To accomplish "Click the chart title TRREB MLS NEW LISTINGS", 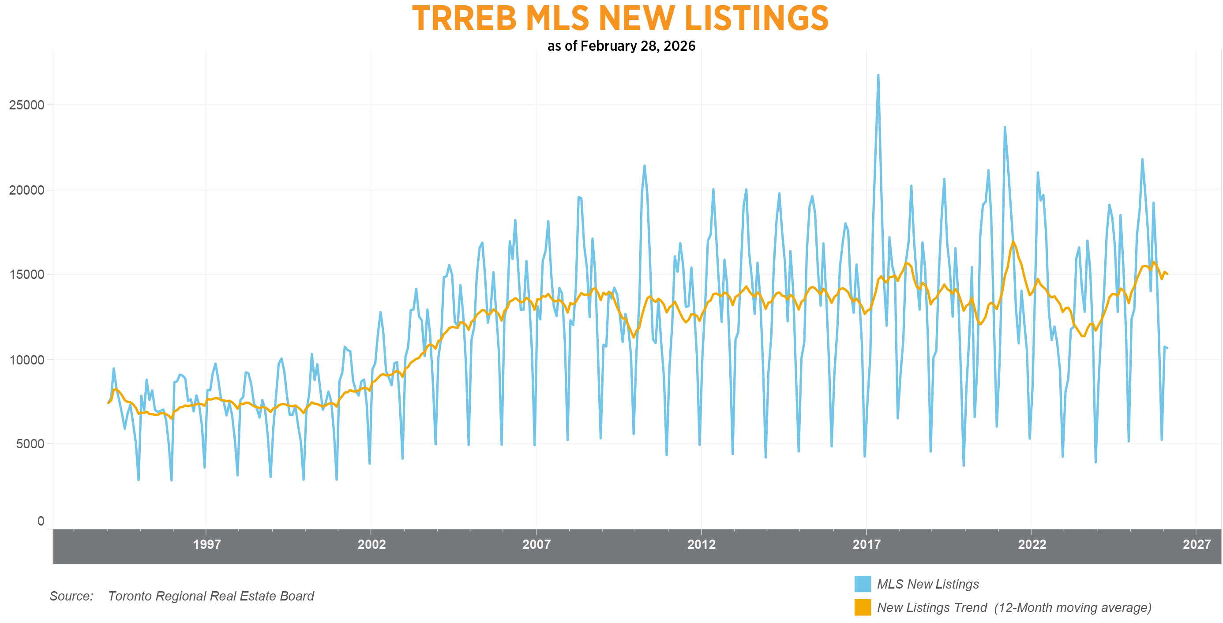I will click(x=620, y=19).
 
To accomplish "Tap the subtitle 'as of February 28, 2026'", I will click(x=621, y=46).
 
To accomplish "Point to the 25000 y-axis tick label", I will click(x=26, y=105).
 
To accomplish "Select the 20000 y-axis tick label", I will click(x=26, y=190).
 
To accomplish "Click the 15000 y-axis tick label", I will click(x=26, y=274).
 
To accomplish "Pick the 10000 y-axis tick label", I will click(x=26, y=360).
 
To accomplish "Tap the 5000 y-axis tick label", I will click(x=30, y=444).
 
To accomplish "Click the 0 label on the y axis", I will click(x=41, y=521).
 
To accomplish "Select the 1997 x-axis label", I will click(x=206, y=544).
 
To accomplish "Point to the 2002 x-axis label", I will click(x=371, y=544).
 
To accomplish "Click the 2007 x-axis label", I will click(x=536, y=544).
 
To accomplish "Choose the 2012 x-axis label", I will click(x=701, y=544).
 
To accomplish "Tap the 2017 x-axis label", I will click(x=867, y=544).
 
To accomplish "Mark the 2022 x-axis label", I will click(x=1032, y=544).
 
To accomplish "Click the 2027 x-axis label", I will click(x=1197, y=544).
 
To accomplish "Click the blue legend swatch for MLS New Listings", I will click(x=862, y=584).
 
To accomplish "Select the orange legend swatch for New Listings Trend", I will click(x=862, y=607).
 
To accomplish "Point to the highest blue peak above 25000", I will click(x=878, y=75).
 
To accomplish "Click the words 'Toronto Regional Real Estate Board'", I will click(x=211, y=596).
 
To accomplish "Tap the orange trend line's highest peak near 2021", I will click(x=1013, y=242).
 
